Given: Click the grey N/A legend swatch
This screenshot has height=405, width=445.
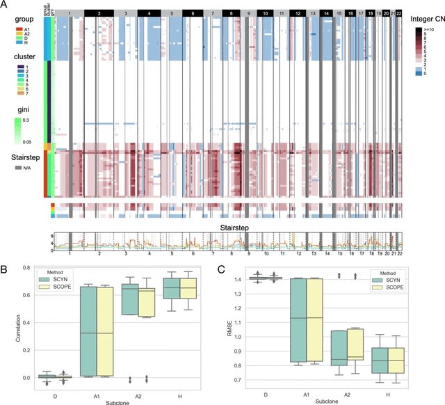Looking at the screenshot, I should [9, 168].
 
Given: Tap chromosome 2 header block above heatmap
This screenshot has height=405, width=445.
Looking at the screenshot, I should [99, 13].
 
